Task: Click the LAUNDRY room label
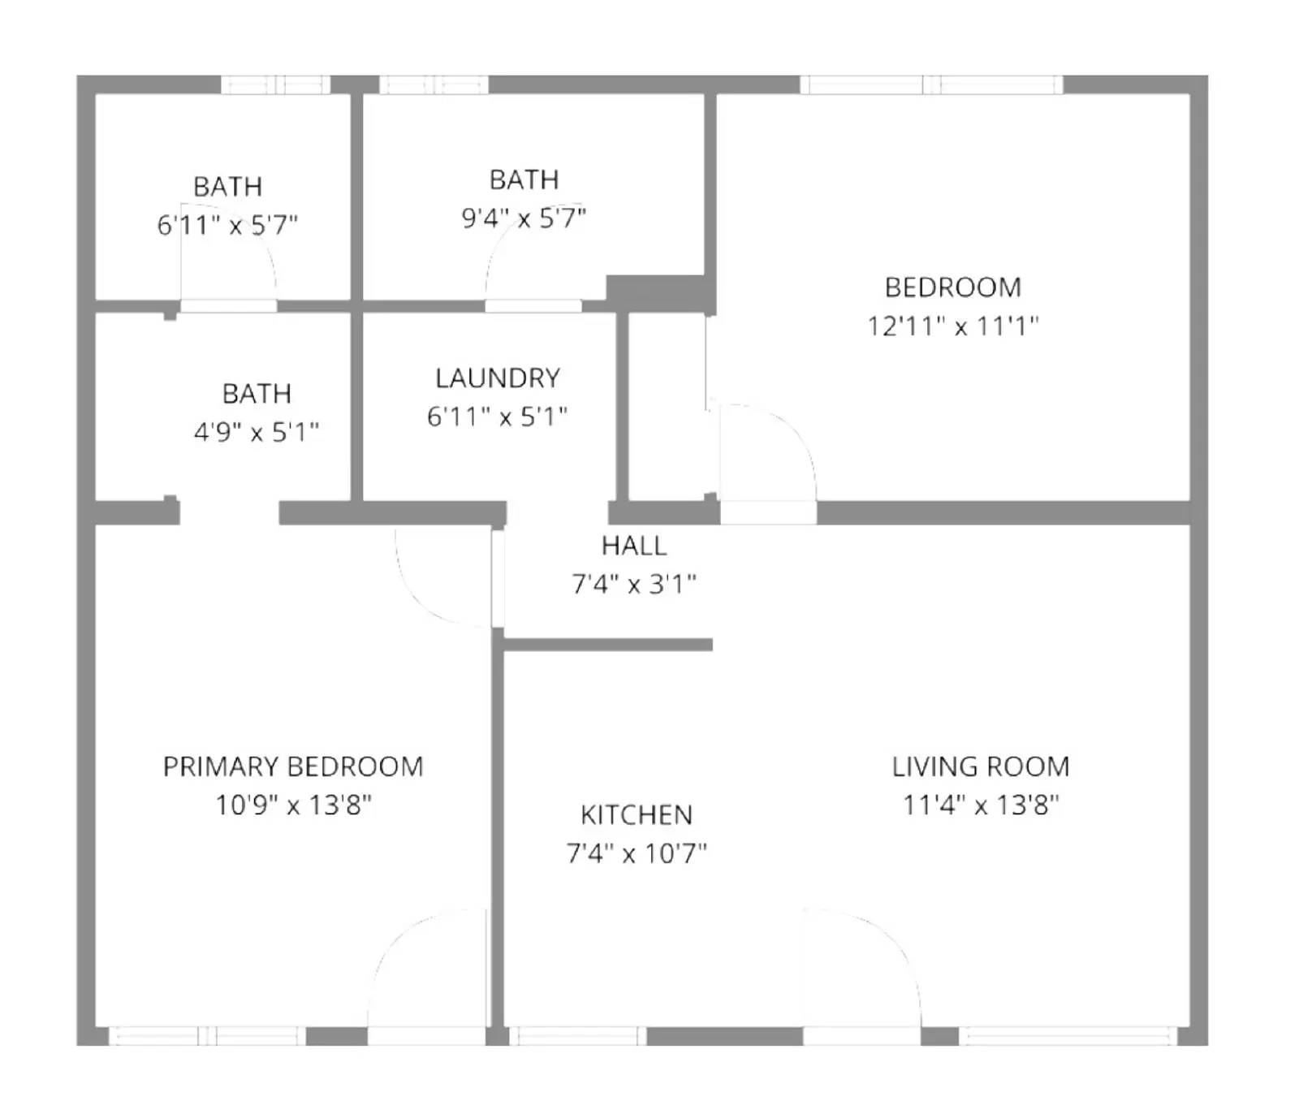(x=497, y=378)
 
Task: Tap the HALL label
(x=634, y=546)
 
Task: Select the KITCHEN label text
(x=636, y=815)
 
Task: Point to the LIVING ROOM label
(x=980, y=766)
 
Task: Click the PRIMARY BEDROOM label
(x=293, y=766)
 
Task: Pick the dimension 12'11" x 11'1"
(x=952, y=326)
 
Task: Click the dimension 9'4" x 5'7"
(x=524, y=218)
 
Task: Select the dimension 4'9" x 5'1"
(x=256, y=432)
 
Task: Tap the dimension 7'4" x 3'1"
(x=634, y=584)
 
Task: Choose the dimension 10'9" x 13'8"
(x=293, y=805)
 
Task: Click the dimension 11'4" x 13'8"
(x=981, y=805)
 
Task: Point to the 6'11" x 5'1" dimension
(x=497, y=417)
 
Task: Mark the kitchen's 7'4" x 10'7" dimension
(x=636, y=853)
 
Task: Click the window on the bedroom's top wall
(x=931, y=84)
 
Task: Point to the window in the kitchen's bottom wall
(x=577, y=1035)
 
